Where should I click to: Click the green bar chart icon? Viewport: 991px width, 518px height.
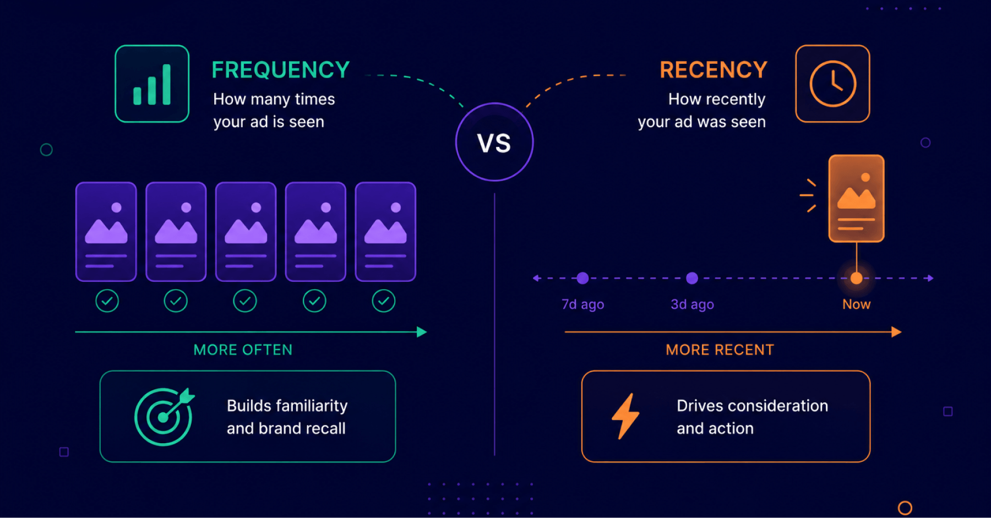[x=152, y=84]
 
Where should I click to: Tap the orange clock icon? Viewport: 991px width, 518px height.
[x=832, y=84]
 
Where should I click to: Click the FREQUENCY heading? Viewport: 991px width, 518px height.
[x=281, y=70]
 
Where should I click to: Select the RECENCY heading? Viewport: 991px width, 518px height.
[x=714, y=70]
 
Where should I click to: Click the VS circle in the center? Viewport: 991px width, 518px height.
[x=494, y=142]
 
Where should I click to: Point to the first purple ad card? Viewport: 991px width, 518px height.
[x=106, y=232]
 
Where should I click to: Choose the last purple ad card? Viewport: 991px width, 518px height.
[x=385, y=232]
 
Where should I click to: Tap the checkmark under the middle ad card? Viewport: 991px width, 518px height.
[x=245, y=301]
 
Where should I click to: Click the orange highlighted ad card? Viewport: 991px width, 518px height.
[x=856, y=198]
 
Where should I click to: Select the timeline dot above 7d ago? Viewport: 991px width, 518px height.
[x=582, y=278]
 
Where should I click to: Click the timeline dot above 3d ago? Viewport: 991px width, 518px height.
[x=692, y=278]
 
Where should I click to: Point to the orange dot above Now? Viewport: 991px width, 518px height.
[x=856, y=278]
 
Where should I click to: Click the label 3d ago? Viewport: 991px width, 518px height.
[x=692, y=304]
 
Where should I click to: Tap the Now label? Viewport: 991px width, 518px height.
[x=856, y=304]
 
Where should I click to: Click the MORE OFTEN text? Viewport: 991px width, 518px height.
[x=243, y=350]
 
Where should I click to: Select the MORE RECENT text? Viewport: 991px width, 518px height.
[x=720, y=350]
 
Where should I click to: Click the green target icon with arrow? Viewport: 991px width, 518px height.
[x=164, y=417]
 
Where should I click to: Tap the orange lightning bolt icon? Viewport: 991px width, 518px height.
[x=625, y=416]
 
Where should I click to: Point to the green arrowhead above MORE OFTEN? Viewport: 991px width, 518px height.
[x=422, y=332]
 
